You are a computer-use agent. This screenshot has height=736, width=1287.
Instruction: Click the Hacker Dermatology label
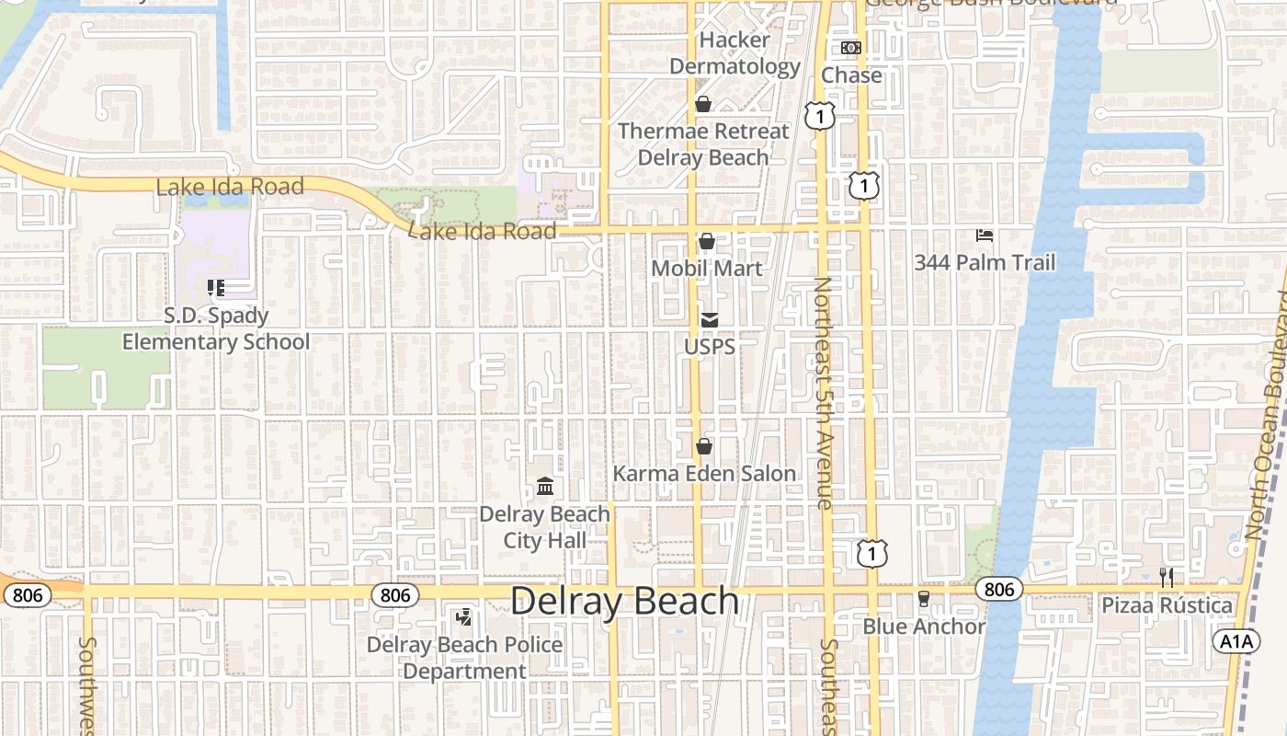(735, 53)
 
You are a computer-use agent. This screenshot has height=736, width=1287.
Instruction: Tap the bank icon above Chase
(851, 48)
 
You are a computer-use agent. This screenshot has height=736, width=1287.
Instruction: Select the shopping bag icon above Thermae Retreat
(703, 104)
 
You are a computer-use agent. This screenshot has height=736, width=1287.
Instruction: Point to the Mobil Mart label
(707, 268)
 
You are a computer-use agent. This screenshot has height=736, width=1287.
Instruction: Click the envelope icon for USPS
(710, 320)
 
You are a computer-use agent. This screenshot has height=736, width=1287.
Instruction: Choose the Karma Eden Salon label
(704, 474)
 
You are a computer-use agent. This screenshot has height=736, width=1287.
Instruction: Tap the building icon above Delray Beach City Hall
(545, 486)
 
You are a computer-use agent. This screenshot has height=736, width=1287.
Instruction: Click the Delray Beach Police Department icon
(464, 617)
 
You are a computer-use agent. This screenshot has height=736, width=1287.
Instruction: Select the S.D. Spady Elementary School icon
(216, 288)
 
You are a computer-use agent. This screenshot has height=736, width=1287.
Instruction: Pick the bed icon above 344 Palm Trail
(985, 236)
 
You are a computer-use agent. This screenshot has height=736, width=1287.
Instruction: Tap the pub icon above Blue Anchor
(924, 599)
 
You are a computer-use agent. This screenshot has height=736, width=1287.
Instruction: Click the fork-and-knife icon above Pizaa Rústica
(1167, 578)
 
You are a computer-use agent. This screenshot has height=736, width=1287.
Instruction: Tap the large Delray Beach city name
(625, 601)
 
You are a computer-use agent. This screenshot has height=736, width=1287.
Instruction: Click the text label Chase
(851, 75)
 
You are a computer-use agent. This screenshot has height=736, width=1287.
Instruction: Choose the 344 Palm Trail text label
(985, 263)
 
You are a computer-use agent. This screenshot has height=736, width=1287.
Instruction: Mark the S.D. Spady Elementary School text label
(216, 329)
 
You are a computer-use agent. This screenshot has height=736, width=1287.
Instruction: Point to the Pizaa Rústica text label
(1167, 605)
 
